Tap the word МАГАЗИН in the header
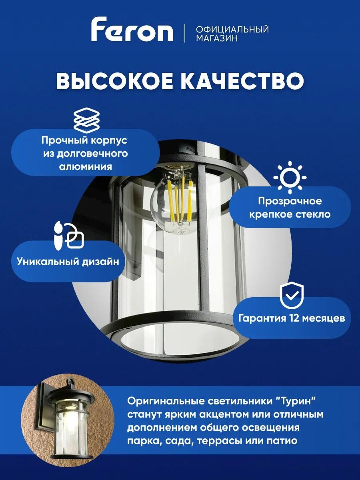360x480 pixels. pyautogui.click(x=217, y=38)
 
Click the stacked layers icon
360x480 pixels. pyautogui.click(x=86, y=119)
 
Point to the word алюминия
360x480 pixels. pyautogui.click(x=86, y=167)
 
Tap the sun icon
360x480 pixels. pyautogui.click(x=290, y=177)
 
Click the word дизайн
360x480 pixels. pyautogui.click(x=100, y=262)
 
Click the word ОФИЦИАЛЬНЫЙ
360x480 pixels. pyautogui.click(x=232, y=29)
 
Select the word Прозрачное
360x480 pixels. pyautogui.click(x=290, y=201)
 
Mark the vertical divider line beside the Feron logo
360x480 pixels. pyautogui.click(x=184, y=33)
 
